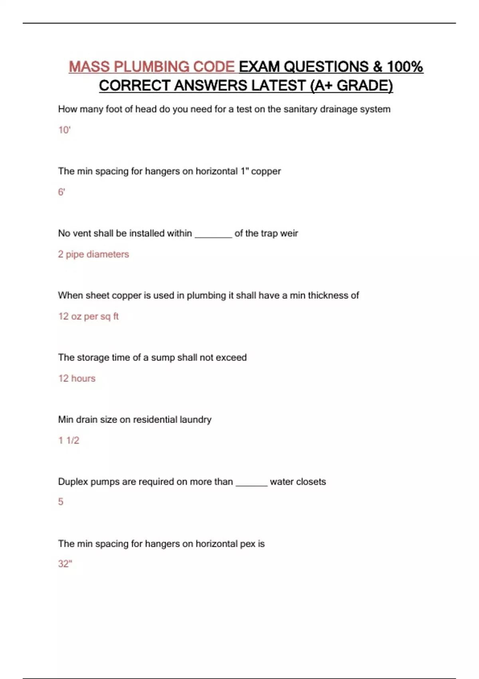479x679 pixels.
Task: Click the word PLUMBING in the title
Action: point(151,67)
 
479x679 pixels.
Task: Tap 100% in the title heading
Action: point(405,67)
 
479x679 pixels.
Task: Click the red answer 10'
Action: point(64,130)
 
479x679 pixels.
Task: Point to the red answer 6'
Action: point(61,192)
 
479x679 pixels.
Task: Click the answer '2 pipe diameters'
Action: point(93,254)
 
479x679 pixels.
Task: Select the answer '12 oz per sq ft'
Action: point(88,316)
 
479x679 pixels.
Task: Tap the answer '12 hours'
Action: point(77,378)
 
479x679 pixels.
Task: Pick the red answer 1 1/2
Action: point(69,440)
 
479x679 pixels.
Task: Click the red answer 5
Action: point(61,502)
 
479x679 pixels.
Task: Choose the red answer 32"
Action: point(65,564)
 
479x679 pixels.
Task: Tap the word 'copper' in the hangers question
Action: point(266,171)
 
